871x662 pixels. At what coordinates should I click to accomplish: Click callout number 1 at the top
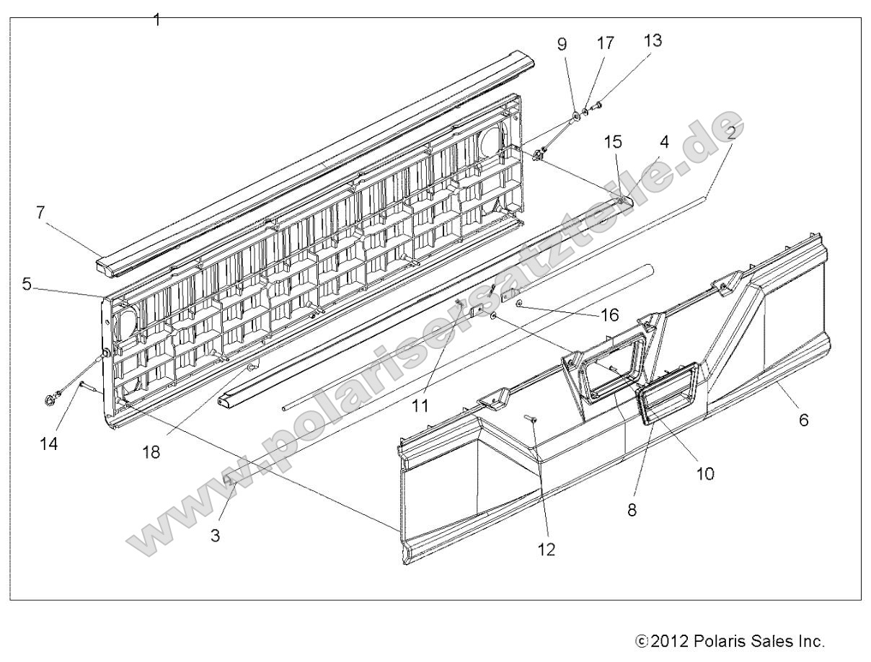tap(156, 20)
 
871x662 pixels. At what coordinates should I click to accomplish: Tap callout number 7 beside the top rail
tap(41, 213)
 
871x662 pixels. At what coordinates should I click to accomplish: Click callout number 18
tap(151, 452)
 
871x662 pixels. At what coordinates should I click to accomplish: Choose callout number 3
tap(215, 536)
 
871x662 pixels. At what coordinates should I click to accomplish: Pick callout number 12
tap(546, 549)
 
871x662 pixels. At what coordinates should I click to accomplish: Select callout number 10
tap(705, 473)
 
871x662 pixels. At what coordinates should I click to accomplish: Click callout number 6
tap(803, 420)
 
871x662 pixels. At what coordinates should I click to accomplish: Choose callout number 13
tap(653, 41)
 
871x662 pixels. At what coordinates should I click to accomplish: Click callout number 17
tap(606, 43)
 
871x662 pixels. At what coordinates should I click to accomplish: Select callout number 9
tap(562, 44)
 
